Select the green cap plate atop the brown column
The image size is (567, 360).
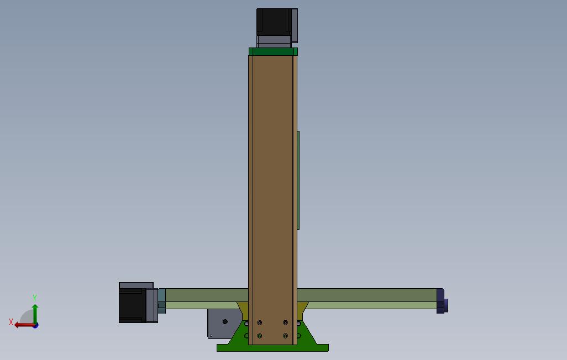273,52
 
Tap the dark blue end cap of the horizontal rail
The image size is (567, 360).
441,301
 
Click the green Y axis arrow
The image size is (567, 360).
35,312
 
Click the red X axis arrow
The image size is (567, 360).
23,325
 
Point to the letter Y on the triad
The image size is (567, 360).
35,298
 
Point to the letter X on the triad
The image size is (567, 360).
11,322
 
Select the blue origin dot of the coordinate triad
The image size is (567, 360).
35,325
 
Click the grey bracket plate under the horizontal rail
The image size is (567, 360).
218,323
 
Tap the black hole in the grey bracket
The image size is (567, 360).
224,322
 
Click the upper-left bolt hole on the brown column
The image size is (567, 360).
260,322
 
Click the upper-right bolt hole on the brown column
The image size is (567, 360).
285,322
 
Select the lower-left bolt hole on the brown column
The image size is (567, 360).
260,335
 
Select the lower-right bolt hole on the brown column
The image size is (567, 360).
285,335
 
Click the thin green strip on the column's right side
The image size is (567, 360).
298,179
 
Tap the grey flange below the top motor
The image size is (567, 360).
273,40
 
